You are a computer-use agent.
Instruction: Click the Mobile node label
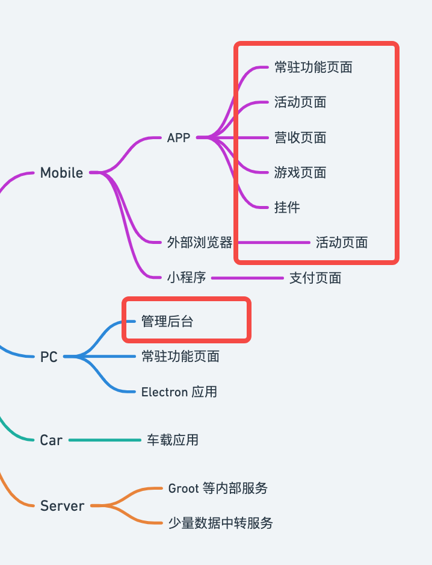pyautogui.click(x=61, y=173)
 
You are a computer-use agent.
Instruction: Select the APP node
pyautogui.click(x=179, y=138)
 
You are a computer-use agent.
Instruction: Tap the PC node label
pyautogui.click(x=49, y=357)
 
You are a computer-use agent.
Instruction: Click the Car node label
pyautogui.click(x=51, y=440)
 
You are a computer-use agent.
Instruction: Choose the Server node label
pyautogui.click(x=62, y=506)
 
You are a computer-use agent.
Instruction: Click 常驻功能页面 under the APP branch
pyautogui.click(x=313, y=67)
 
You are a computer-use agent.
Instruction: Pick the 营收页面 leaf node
pyautogui.click(x=300, y=138)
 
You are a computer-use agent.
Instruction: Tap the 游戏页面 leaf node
pyautogui.click(x=300, y=173)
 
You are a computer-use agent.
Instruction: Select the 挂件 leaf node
pyautogui.click(x=287, y=208)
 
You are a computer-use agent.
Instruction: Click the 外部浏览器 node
pyautogui.click(x=200, y=243)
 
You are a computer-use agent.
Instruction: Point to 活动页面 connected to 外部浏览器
pyautogui.click(x=342, y=243)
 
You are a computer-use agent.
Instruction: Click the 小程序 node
pyautogui.click(x=187, y=278)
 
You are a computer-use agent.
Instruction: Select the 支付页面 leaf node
pyautogui.click(x=315, y=278)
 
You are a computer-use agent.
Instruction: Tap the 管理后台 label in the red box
pyautogui.click(x=167, y=322)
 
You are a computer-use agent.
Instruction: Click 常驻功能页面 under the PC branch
pyautogui.click(x=181, y=357)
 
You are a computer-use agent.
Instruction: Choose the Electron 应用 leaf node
pyautogui.click(x=179, y=392)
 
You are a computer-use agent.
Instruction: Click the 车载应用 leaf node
pyautogui.click(x=173, y=440)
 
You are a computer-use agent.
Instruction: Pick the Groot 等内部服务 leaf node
pyautogui.click(x=218, y=488)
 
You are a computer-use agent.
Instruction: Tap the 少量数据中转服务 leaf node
pyautogui.click(x=221, y=523)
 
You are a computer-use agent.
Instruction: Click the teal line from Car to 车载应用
pyautogui.click(x=105, y=440)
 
